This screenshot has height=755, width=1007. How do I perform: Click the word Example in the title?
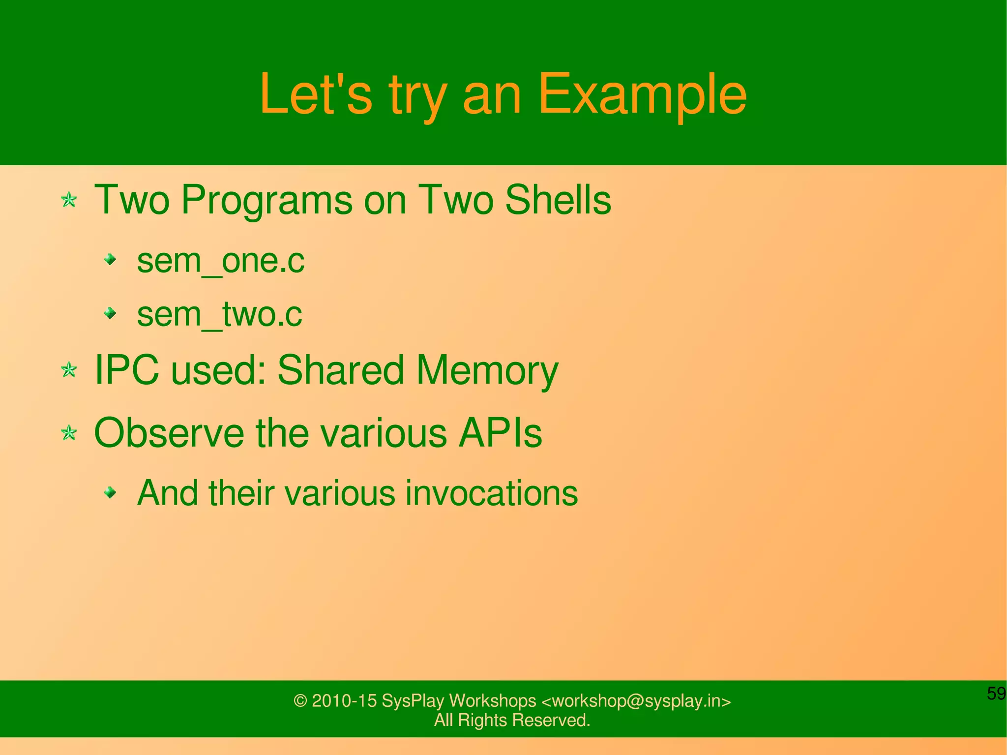point(642,94)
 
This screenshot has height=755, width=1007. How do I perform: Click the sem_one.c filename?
point(220,261)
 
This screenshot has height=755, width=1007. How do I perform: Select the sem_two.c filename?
point(219,314)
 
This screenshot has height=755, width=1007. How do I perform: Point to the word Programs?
point(267,201)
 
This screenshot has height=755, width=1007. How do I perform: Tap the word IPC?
point(126,370)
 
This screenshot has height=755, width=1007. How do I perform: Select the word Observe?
point(169,433)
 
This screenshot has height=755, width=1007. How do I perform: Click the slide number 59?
point(996,694)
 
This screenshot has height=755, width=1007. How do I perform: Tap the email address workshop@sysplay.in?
point(636,701)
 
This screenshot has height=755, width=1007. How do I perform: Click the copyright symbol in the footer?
point(300,701)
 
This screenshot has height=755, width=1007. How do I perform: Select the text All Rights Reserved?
point(512,720)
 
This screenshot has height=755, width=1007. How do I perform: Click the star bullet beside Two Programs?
point(69,200)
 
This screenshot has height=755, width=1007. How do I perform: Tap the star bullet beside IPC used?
point(69,370)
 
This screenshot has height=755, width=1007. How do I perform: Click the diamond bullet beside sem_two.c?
point(111,313)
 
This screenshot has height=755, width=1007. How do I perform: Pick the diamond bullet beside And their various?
point(111,492)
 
